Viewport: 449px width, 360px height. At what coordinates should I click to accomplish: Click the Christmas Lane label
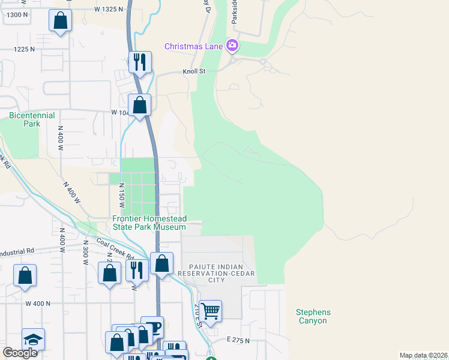[x=194, y=46]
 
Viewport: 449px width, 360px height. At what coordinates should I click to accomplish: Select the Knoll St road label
[x=194, y=71]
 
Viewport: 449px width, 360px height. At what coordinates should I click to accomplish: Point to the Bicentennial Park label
[x=31, y=119]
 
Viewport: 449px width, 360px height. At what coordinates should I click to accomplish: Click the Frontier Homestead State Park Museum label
[x=149, y=223]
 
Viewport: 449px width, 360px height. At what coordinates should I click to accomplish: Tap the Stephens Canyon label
[x=313, y=316]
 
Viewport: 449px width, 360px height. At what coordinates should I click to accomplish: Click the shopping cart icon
[x=211, y=311]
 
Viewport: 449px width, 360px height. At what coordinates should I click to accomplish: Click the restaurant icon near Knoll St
[x=140, y=62]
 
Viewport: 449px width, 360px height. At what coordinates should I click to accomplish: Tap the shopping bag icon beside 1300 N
[x=60, y=22]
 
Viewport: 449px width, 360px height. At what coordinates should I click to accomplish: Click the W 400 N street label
[x=38, y=304]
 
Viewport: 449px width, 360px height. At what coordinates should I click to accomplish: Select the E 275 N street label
[x=238, y=340]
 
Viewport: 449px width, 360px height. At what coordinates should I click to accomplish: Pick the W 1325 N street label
[x=109, y=10]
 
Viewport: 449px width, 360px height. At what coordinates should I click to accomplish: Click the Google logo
[x=20, y=353]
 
